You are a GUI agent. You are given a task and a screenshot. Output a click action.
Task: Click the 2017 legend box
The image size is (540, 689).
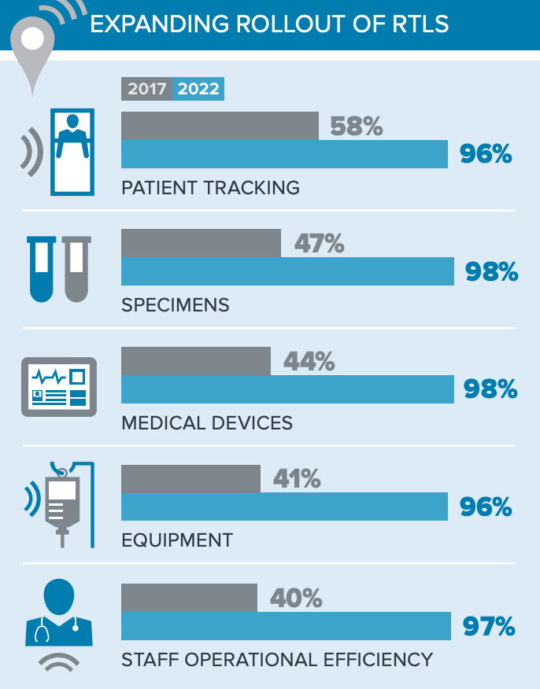pos(147,89)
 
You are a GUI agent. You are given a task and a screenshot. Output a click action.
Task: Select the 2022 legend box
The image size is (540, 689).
pos(198,89)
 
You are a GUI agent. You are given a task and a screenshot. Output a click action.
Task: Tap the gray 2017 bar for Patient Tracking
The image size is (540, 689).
pos(220,125)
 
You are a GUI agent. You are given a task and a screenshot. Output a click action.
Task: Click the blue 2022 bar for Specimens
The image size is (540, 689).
pos(287,271)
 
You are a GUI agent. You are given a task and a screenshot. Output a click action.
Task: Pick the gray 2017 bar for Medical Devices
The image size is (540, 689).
pos(196,361)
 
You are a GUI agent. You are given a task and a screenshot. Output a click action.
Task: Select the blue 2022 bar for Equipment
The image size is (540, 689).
pos(284,507)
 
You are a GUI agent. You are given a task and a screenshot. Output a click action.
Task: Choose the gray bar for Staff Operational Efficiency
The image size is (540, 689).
pos(189,598)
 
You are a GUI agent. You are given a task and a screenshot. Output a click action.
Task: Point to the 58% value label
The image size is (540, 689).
pos(357,126)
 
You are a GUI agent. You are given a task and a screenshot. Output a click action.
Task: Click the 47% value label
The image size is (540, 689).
pos(320,244)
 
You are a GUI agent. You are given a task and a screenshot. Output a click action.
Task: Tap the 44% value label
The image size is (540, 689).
pos(309,361)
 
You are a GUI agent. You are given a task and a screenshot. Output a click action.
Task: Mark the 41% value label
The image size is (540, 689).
pos(297,478)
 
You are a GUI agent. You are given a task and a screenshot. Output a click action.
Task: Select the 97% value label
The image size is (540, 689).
pos(488,627)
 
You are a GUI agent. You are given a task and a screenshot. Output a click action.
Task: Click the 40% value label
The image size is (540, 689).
pos(296,598)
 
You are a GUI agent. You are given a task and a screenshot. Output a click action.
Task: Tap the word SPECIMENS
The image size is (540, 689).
pos(176,304)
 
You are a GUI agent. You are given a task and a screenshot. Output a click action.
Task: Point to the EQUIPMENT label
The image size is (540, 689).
pos(177,540)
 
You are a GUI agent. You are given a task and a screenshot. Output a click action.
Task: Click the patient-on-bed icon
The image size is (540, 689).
pos(72,152)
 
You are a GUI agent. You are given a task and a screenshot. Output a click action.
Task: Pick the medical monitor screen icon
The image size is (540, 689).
pos(58,387)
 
